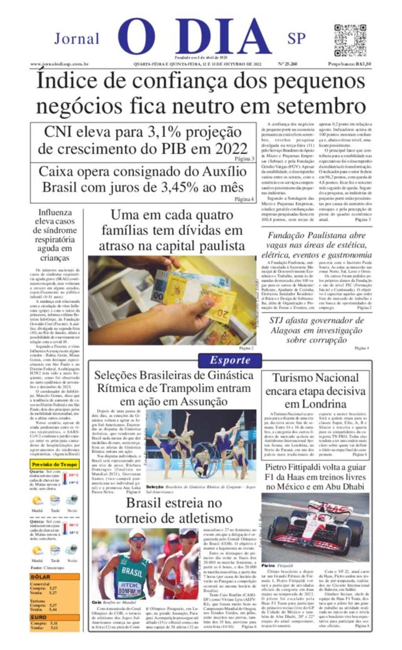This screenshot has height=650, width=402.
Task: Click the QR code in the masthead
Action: (x=349, y=41)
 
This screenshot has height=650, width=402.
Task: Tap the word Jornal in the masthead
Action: (x=77, y=39)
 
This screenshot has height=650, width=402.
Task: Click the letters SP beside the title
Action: (x=296, y=38)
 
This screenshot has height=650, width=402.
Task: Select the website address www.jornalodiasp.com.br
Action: (x=59, y=64)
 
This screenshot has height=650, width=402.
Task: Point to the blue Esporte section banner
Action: (x=230, y=360)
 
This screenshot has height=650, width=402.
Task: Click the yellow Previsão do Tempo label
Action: (x=55, y=464)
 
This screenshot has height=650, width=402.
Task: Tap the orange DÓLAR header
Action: (x=41, y=577)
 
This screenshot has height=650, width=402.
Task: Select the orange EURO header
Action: (x=39, y=617)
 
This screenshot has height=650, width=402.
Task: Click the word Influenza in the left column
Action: (x=55, y=212)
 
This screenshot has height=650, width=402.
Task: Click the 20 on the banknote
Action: (x=223, y=314)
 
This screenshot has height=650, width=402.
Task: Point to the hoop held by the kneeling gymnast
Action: (x=201, y=454)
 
